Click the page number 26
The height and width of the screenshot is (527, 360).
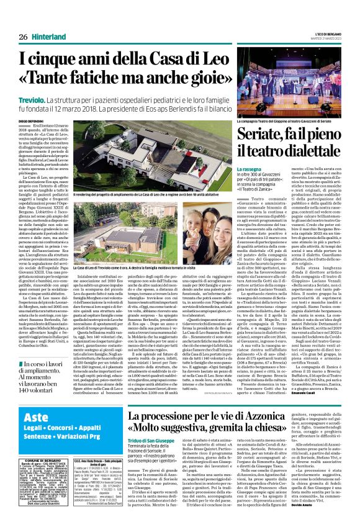23,37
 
